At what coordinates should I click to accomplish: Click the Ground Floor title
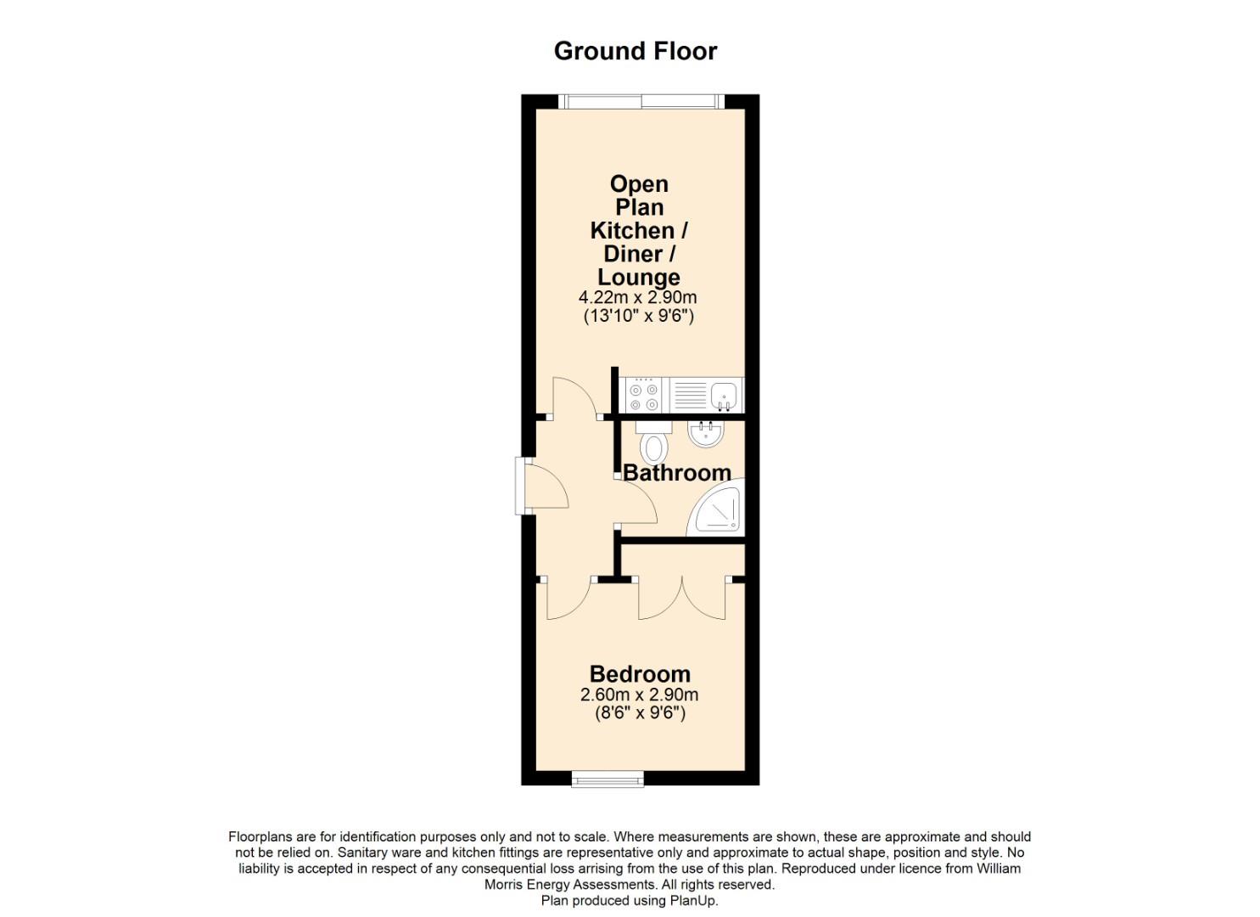click(x=635, y=51)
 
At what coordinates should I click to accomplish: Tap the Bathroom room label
click(x=676, y=473)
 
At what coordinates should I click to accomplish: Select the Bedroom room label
click(x=640, y=674)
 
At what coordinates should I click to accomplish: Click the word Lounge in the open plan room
click(x=638, y=278)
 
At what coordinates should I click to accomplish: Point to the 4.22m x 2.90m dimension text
click(x=638, y=298)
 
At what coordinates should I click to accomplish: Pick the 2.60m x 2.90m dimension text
click(x=640, y=695)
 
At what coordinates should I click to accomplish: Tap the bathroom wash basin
click(x=706, y=435)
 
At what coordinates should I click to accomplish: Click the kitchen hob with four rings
click(x=642, y=397)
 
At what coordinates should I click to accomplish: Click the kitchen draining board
click(x=690, y=397)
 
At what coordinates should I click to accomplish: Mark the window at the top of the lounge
click(x=641, y=102)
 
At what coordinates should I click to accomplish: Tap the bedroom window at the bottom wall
click(x=608, y=778)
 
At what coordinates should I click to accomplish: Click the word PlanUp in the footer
click(x=693, y=901)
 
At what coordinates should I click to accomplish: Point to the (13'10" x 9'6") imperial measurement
click(x=638, y=317)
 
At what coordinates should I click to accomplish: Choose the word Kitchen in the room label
click(x=630, y=230)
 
